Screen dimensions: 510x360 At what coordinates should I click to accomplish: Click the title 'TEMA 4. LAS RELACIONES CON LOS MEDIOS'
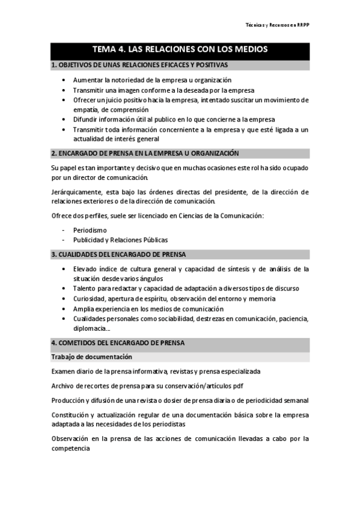[180, 49]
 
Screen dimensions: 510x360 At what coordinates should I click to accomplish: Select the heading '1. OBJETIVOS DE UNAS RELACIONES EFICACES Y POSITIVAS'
[139, 64]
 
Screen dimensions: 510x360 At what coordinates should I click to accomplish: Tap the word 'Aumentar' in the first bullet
[87, 80]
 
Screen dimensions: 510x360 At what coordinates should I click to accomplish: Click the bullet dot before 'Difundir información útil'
[65, 119]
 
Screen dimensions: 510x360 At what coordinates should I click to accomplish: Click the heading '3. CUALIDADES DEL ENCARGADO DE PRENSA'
[118, 254]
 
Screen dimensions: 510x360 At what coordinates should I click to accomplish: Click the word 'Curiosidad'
[89, 298]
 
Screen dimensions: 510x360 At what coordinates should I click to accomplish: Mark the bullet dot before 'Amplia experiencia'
[65, 309]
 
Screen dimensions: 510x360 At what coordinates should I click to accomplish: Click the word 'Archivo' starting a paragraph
[64, 386]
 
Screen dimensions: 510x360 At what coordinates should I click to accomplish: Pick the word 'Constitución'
[70, 414]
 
